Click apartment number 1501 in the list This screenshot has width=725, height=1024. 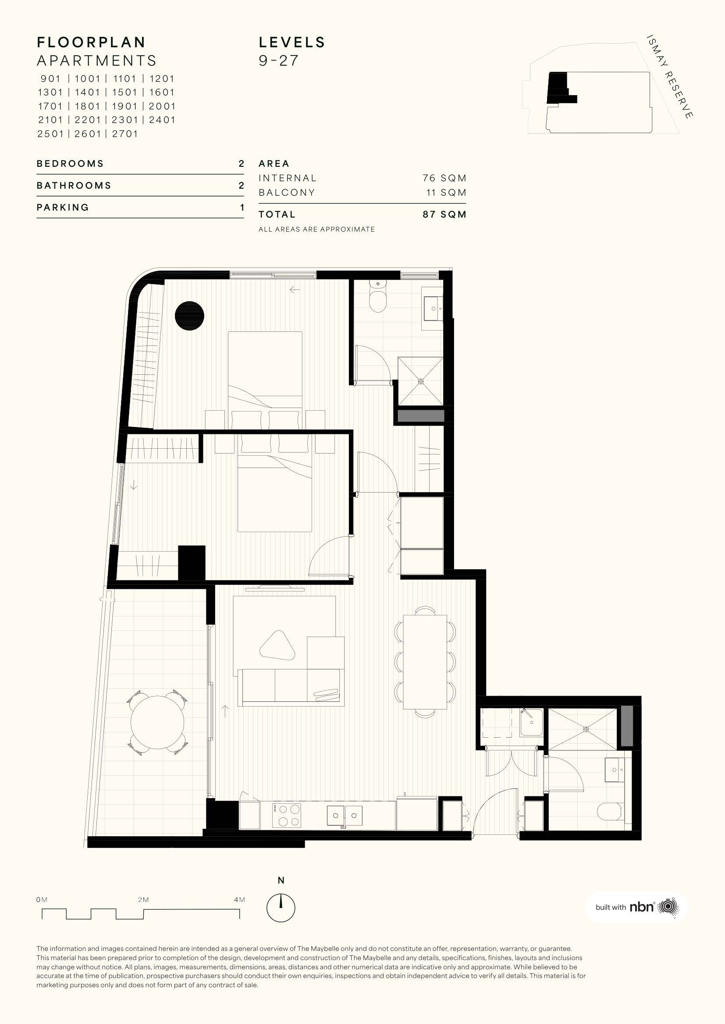tap(124, 92)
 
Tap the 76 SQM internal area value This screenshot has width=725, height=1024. tap(444, 178)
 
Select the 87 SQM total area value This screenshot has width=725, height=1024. tap(444, 214)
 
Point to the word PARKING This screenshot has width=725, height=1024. tap(63, 208)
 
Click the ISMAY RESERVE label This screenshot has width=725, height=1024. tap(670, 77)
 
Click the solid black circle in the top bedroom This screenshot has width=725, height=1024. tap(189, 316)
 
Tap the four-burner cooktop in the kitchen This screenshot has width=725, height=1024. tap(286, 815)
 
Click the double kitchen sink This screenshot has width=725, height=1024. tap(344, 816)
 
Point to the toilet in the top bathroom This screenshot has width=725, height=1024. tap(378, 297)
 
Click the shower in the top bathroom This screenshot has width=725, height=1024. tap(420, 381)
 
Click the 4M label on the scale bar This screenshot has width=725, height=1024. tap(239, 900)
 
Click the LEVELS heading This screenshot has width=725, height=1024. tap(292, 42)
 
